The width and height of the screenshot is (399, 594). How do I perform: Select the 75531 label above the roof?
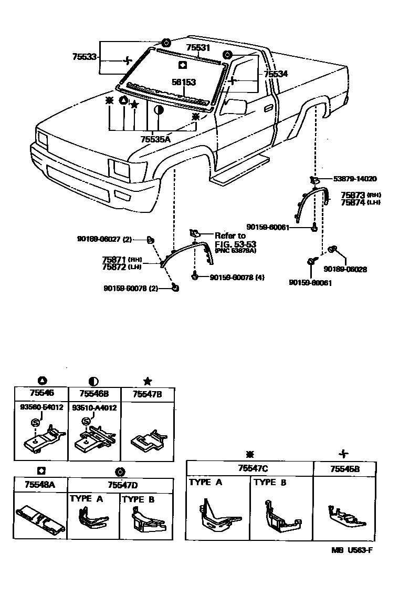click(x=198, y=47)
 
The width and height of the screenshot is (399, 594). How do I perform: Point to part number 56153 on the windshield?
click(x=184, y=83)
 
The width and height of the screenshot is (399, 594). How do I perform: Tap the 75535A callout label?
click(x=155, y=139)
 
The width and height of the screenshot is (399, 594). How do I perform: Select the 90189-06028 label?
click(x=345, y=269)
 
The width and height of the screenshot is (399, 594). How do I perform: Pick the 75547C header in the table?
click(x=249, y=468)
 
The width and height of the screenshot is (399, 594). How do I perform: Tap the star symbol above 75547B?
click(x=147, y=381)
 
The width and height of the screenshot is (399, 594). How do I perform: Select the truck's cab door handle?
click(x=269, y=107)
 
